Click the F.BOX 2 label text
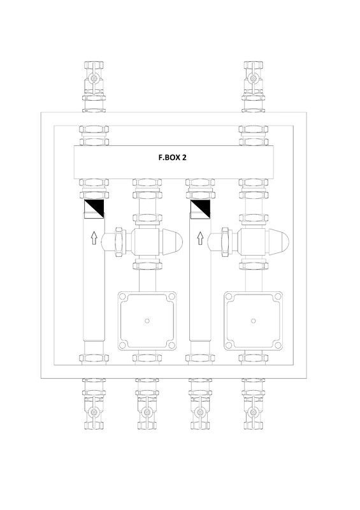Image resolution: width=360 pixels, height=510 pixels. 173,157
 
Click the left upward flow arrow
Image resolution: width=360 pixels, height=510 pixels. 94,238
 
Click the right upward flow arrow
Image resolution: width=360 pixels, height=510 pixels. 200,238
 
